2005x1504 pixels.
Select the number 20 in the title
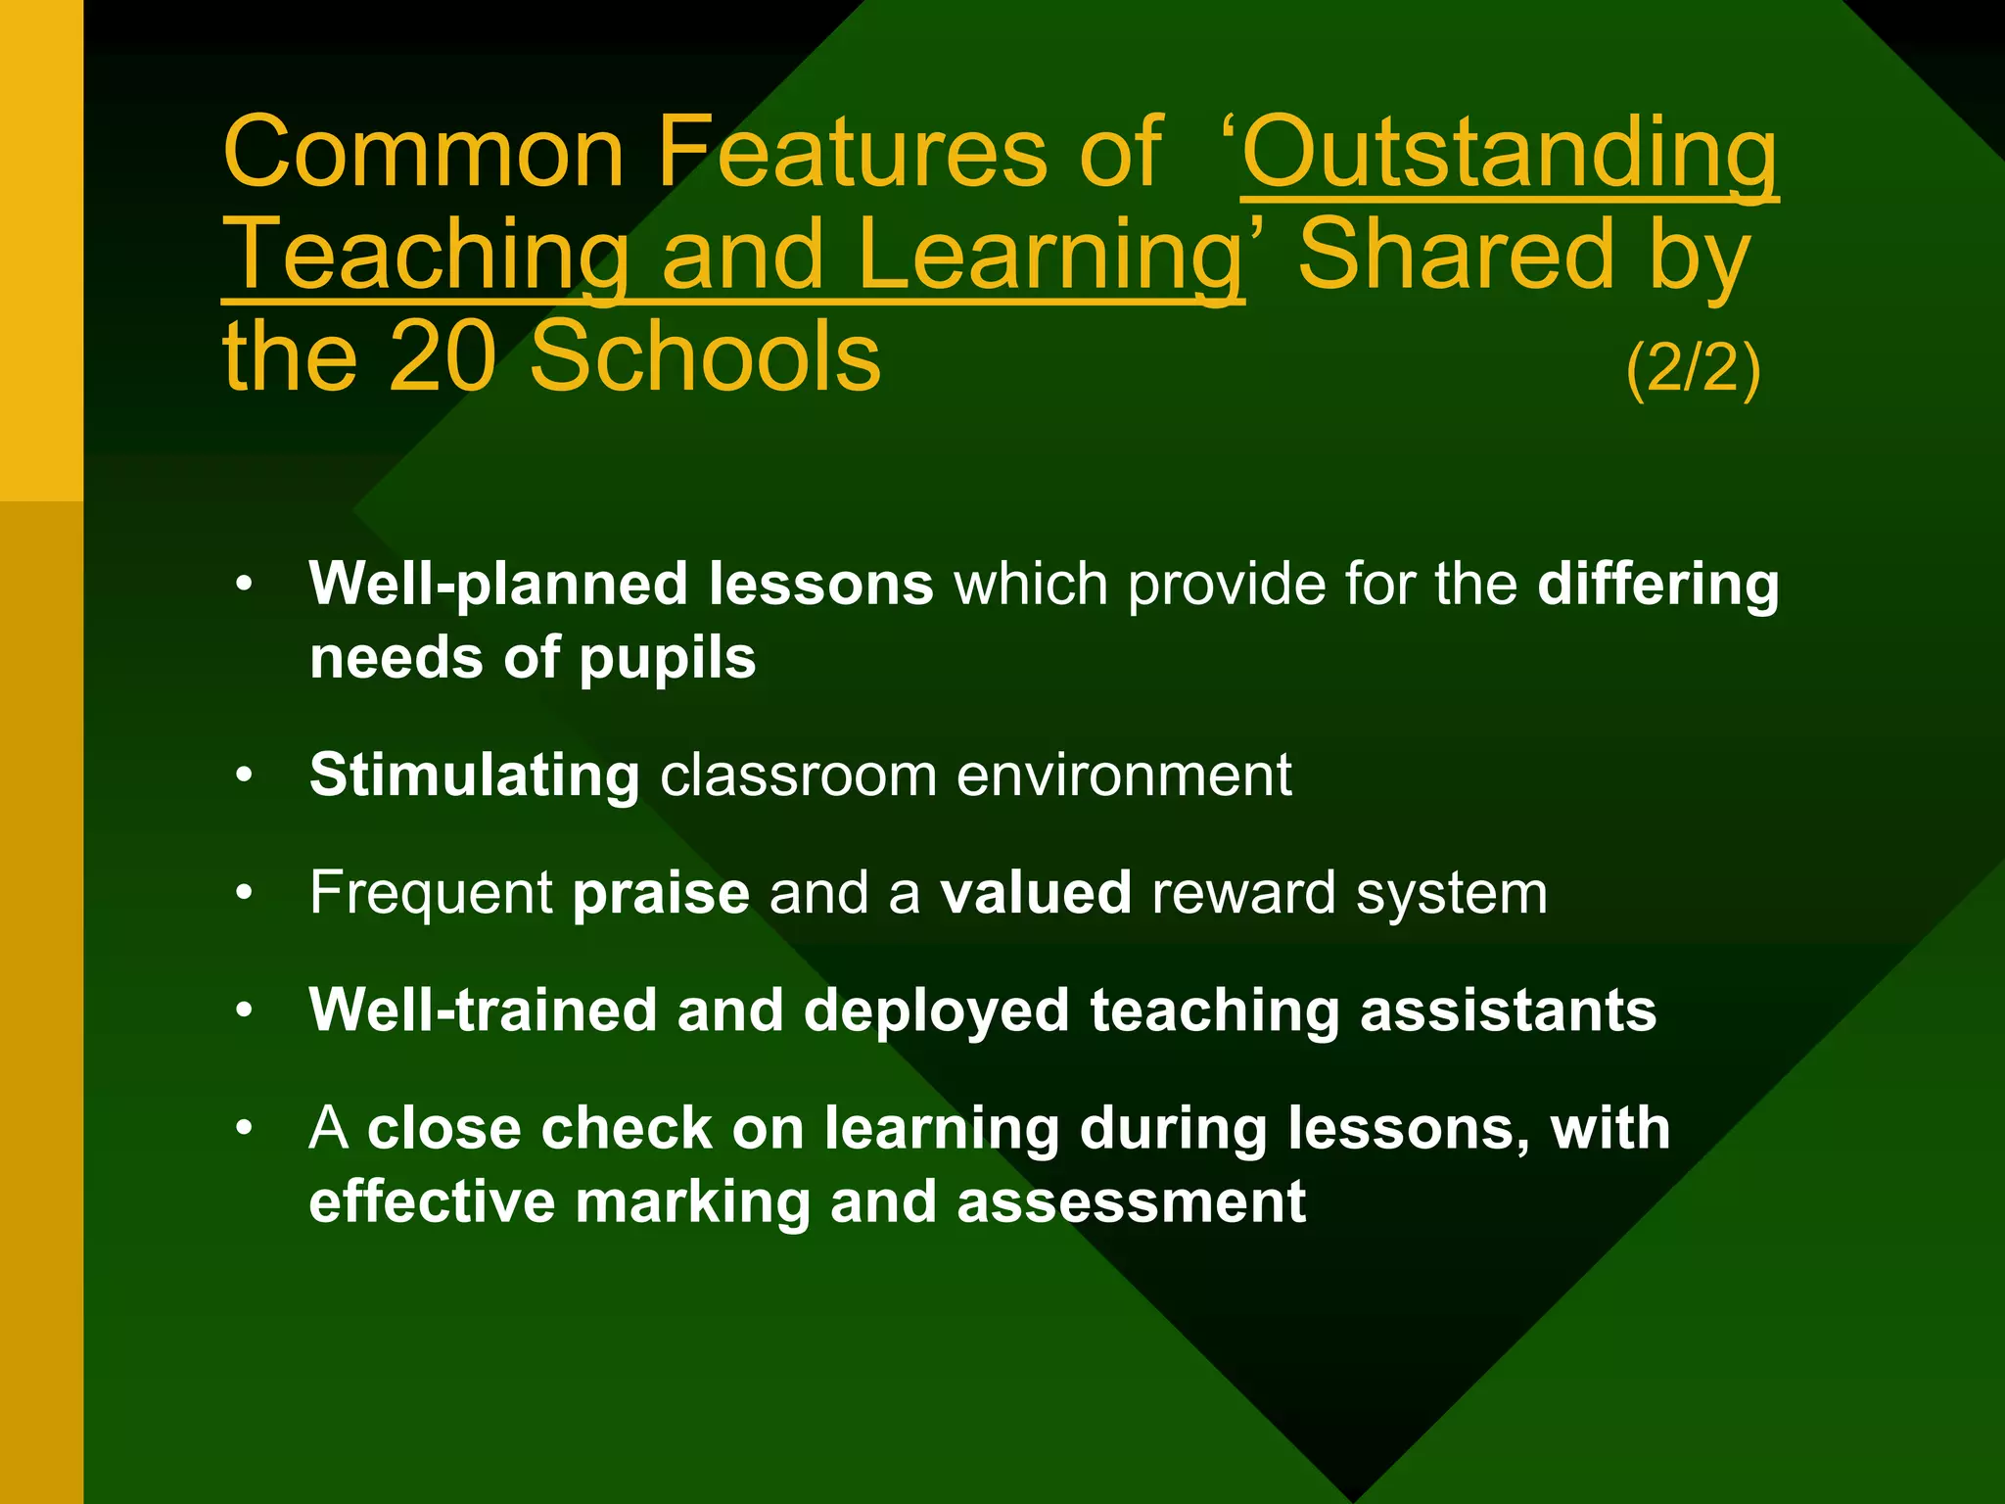pos(443,356)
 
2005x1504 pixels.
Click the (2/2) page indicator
pos(1693,368)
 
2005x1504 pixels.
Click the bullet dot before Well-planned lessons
pos(244,586)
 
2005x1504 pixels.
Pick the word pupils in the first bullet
pos(667,657)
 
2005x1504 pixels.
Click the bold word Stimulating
pos(475,775)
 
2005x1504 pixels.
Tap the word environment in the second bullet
pos(1123,775)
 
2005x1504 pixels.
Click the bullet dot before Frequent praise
pos(244,894)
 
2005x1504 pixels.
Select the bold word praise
pos(661,893)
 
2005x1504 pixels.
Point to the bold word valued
pos(1036,892)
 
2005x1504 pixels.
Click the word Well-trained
pos(483,1010)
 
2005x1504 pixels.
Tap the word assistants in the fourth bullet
pos(1508,1010)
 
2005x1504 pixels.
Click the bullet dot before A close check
pos(244,1129)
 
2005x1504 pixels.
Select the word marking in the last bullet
pos(692,1201)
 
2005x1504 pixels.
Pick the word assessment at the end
pos(1131,1201)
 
